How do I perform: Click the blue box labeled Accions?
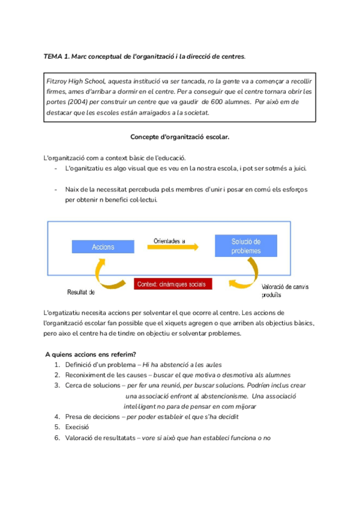tap(103, 247)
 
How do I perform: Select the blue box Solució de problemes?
tap(246, 246)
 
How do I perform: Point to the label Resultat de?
tap(80, 292)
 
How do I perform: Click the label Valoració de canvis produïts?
tap(285, 291)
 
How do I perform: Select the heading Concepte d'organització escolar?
tap(180, 137)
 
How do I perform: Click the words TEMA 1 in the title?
tap(56, 56)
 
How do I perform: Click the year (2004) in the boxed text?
tap(73, 102)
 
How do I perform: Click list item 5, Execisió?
tap(77, 427)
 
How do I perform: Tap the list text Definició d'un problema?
tap(100, 364)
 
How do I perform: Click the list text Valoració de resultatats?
tap(100, 438)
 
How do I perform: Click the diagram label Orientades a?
tap(169, 241)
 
